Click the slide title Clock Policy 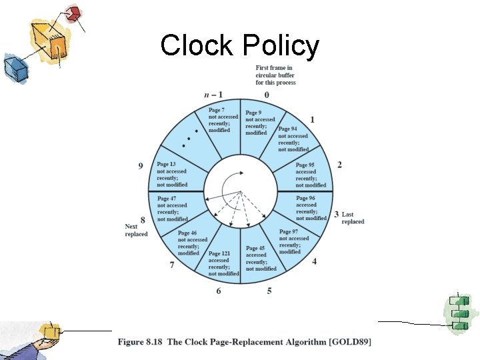[240, 46]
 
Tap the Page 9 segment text [259, 122]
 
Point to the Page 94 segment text [293, 139]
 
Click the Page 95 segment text [310, 175]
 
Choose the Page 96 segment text [311, 208]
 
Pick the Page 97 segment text [293, 241]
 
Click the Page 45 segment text [260, 258]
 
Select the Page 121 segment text [223, 263]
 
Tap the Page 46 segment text [193, 243]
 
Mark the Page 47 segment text [172, 209]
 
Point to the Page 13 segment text [172, 174]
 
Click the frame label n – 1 [213, 95]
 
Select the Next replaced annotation [136, 230]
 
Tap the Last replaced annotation [353, 218]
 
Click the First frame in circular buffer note [275, 75]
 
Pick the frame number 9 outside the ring [141, 166]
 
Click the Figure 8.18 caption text [245, 342]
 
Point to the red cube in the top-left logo [74, 12]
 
